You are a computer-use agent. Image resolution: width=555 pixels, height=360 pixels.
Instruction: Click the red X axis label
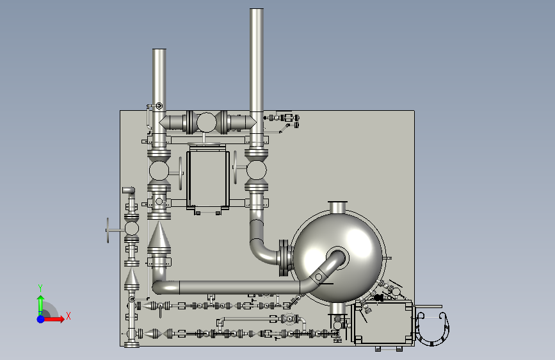(68, 316)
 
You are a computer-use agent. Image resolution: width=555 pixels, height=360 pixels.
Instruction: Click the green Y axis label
(40, 288)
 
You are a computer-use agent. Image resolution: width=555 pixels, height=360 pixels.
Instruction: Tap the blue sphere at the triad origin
(41, 319)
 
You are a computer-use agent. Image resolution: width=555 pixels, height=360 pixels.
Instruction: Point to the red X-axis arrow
(53, 319)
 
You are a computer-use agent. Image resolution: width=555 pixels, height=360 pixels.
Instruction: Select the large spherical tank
(338, 257)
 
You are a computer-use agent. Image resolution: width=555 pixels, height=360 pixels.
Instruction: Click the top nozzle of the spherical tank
(337, 207)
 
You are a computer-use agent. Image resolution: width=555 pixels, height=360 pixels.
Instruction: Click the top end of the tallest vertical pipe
(257, 10)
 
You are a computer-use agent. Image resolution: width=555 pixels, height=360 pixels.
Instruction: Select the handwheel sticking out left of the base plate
(108, 231)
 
